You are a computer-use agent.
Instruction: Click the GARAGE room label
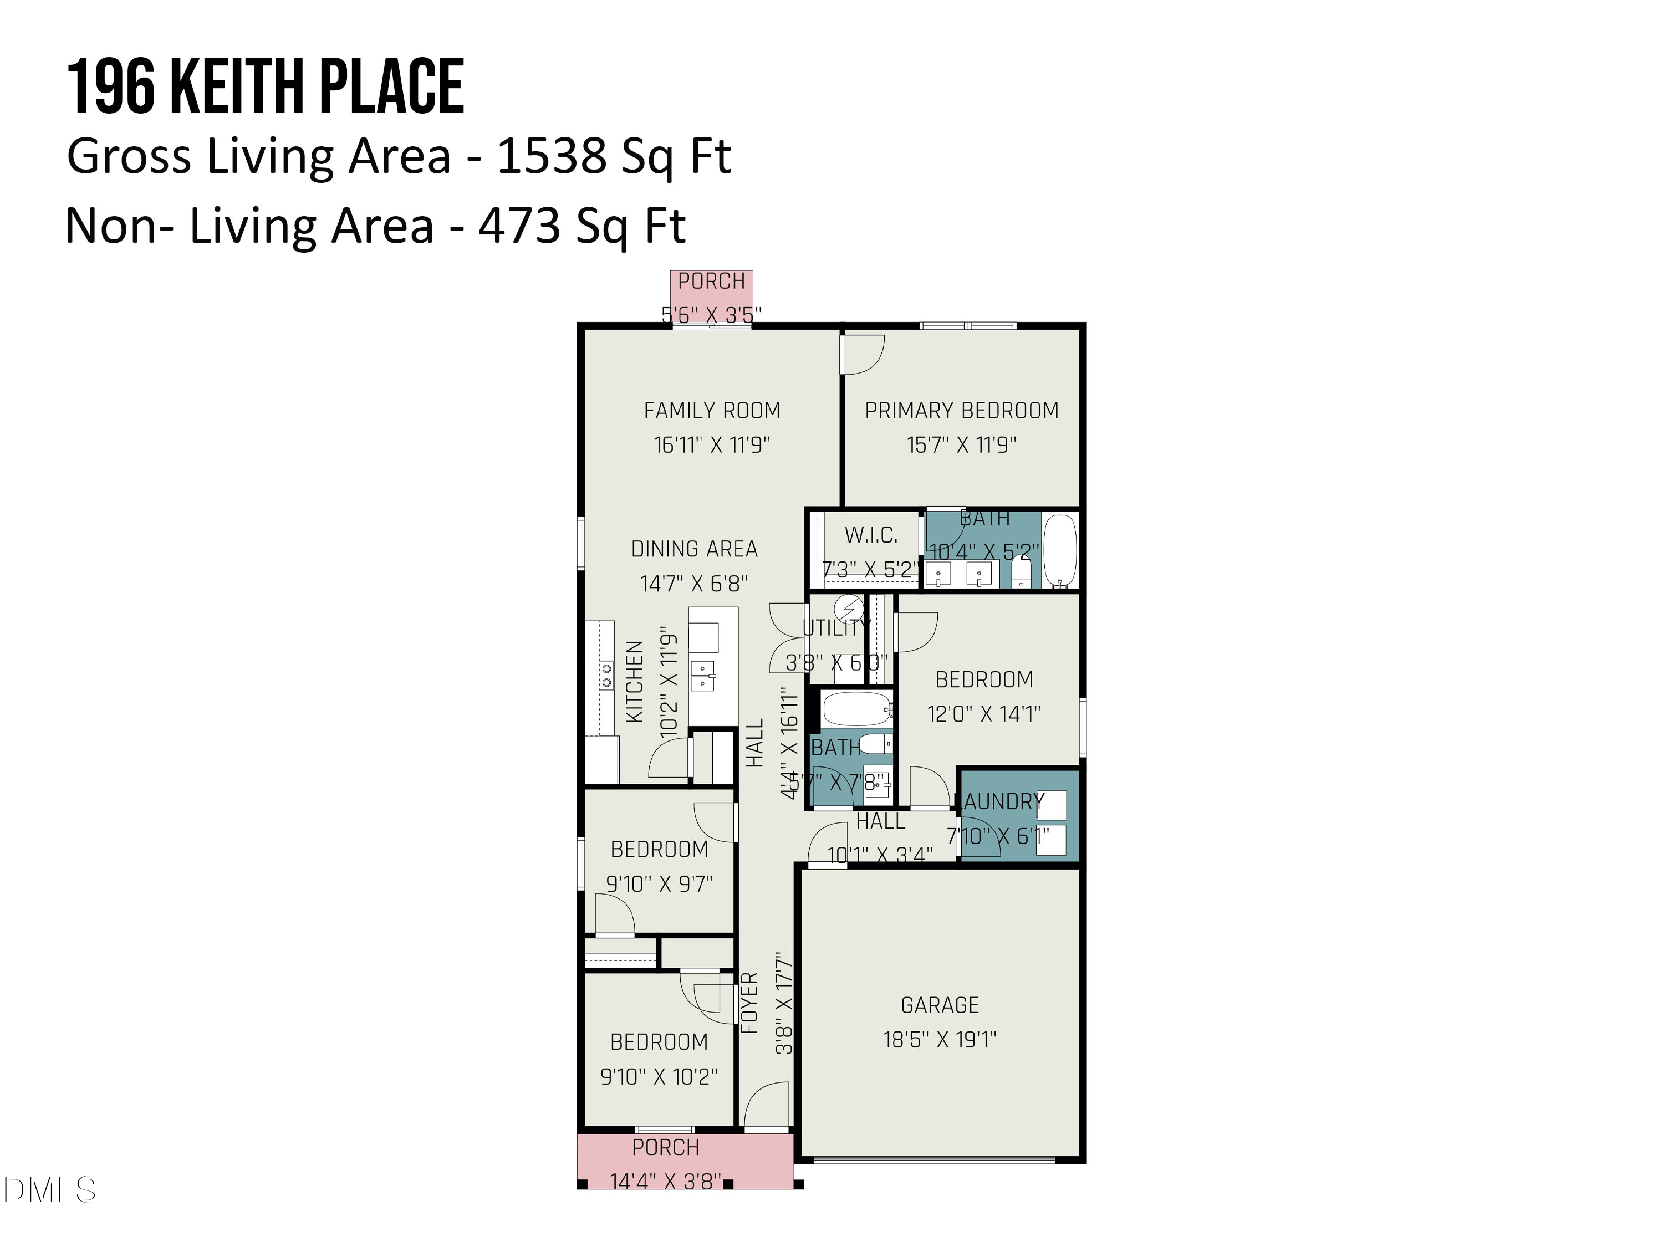point(940,1005)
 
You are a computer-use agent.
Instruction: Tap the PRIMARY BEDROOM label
point(962,411)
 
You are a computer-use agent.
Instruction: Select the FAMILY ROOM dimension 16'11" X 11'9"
point(711,445)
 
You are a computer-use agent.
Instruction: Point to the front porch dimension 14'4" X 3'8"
point(665,1182)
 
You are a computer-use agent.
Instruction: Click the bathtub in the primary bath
point(1060,550)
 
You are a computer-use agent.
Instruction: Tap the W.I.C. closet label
point(871,535)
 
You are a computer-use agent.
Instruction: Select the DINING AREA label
point(694,549)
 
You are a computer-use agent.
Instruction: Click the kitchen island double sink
point(702,674)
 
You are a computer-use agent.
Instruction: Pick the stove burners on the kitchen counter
point(606,675)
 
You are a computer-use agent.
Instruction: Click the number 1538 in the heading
point(550,156)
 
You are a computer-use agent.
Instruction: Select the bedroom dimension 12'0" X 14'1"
point(983,713)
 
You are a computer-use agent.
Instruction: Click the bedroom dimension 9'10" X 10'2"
point(659,1076)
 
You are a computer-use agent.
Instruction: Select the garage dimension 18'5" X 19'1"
point(940,1040)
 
